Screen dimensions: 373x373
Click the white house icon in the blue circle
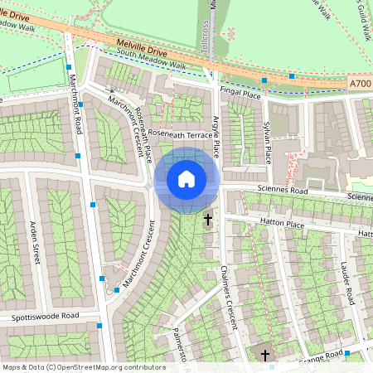(x=186, y=179)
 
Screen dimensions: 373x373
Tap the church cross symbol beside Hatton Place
(x=208, y=220)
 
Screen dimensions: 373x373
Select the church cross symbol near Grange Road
(x=265, y=356)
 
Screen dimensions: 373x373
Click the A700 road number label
(x=360, y=84)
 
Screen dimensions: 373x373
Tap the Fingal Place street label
(x=241, y=94)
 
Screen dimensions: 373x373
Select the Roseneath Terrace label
(x=181, y=134)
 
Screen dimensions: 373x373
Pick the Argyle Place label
(x=217, y=138)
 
